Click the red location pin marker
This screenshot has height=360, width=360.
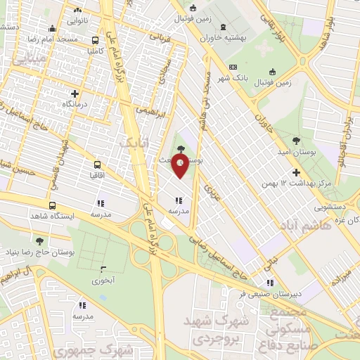tap(181, 167)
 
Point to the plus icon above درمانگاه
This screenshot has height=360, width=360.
tap(75, 93)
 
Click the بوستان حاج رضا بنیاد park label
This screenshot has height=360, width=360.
tap(39, 251)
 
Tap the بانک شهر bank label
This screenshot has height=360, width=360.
tap(247, 77)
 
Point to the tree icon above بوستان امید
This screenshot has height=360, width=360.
tap(295, 141)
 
